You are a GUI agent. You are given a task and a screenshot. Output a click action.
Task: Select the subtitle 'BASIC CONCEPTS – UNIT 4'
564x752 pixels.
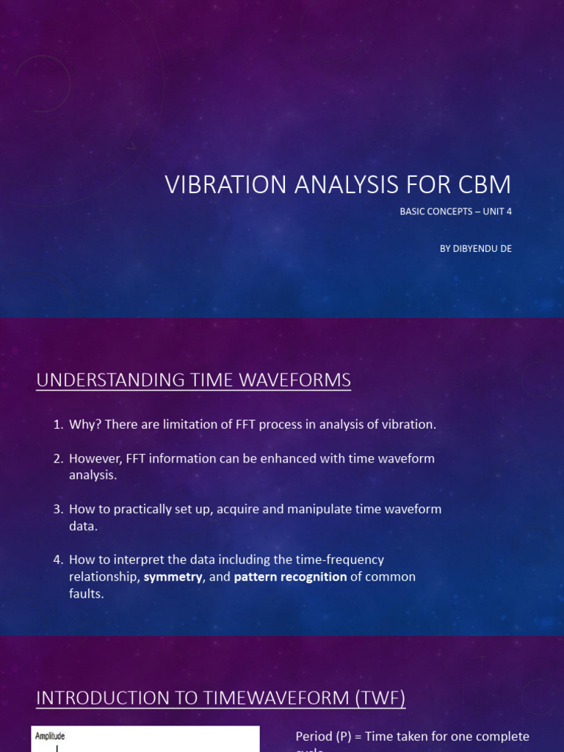(x=455, y=211)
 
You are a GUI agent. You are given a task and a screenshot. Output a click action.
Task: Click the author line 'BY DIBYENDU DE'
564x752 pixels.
(x=475, y=248)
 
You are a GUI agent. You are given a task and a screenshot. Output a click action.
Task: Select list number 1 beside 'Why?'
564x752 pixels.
(x=57, y=424)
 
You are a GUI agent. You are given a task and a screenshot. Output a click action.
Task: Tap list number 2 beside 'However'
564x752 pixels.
(x=57, y=458)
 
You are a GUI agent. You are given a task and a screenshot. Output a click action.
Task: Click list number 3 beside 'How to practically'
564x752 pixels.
(x=57, y=509)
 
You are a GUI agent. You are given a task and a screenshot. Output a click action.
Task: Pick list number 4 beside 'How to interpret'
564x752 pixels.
(x=57, y=560)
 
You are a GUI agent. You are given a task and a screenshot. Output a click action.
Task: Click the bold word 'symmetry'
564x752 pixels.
(x=173, y=577)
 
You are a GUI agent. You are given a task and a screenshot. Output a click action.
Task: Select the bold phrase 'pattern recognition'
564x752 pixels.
(x=290, y=577)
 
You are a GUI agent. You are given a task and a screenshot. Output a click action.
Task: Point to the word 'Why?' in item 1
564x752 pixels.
(x=84, y=424)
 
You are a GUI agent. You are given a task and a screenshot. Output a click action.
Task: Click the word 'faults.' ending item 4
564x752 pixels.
(x=87, y=593)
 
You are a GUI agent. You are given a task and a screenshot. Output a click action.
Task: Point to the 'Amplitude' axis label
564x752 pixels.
(x=50, y=735)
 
